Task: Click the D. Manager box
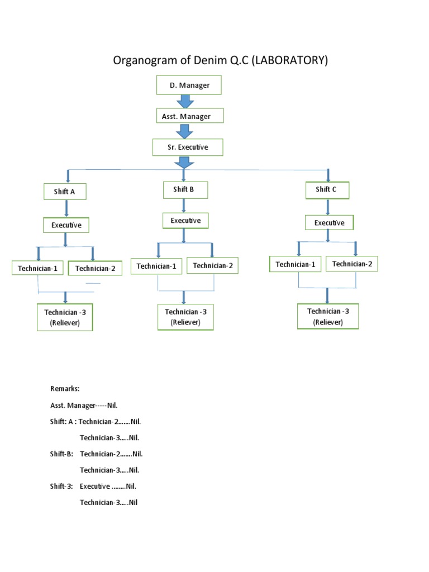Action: click(189, 85)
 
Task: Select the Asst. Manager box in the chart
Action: click(189, 116)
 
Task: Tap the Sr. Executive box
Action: click(188, 147)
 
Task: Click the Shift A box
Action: click(65, 192)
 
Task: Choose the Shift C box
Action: click(327, 190)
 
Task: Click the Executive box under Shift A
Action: click(66, 225)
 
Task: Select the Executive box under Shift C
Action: click(329, 223)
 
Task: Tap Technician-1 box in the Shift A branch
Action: click(38, 269)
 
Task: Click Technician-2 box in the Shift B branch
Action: click(212, 266)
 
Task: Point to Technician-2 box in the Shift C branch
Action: click(352, 264)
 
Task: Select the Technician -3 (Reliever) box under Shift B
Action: click(185, 317)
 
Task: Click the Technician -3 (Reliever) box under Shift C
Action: click(328, 317)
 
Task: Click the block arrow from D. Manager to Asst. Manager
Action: click(185, 102)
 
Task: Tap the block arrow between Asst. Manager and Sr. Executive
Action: click(185, 132)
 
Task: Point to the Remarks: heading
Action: click(65, 388)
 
